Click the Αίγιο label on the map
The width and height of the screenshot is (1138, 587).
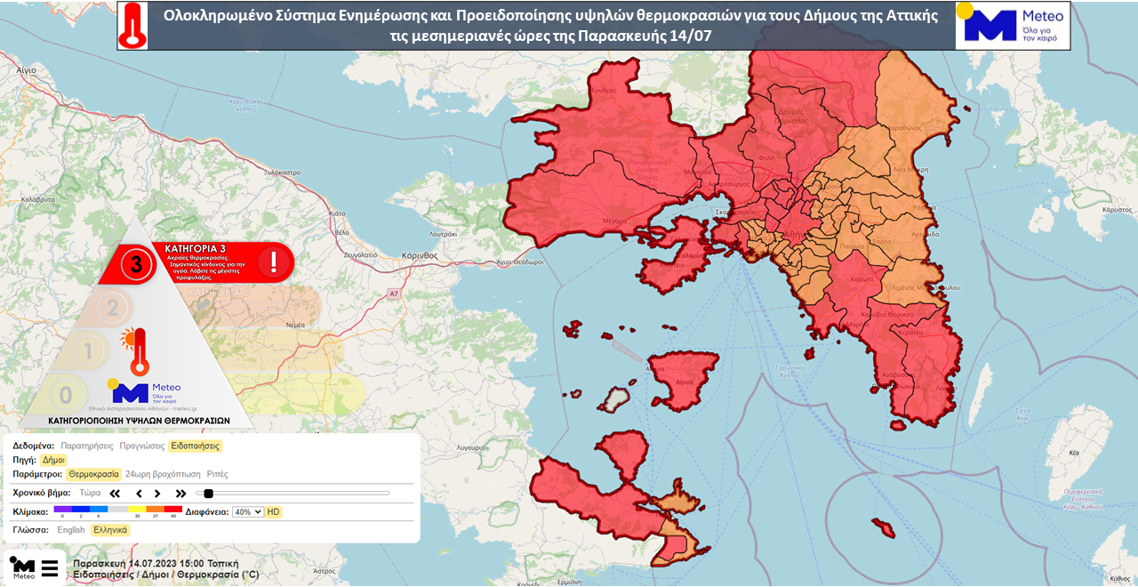pyautogui.click(x=26, y=68)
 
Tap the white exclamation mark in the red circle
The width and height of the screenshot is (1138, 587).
pyautogui.click(x=274, y=261)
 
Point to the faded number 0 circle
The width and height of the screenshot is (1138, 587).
pyautogui.click(x=65, y=395)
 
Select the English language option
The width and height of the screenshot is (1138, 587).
pyautogui.click(x=71, y=530)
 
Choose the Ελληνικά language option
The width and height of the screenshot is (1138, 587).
pyautogui.click(x=110, y=530)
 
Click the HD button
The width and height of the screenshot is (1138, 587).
pyautogui.click(x=274, y=512)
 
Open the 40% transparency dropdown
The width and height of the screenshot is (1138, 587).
pyautogui.click(x=247, y=512)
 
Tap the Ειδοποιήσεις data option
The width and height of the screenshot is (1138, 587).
pyautogui.click(x=196, y=446)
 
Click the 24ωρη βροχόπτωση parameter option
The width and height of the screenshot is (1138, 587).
pyautogui.click(x=162, y=475)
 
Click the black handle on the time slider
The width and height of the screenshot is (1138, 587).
pyautogui.click(x=209, y=494)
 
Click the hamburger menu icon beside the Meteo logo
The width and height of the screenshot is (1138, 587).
pyautogui.click(x=50, y=568)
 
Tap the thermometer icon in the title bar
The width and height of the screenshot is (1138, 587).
pyautogui.click(x=133, y=25)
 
